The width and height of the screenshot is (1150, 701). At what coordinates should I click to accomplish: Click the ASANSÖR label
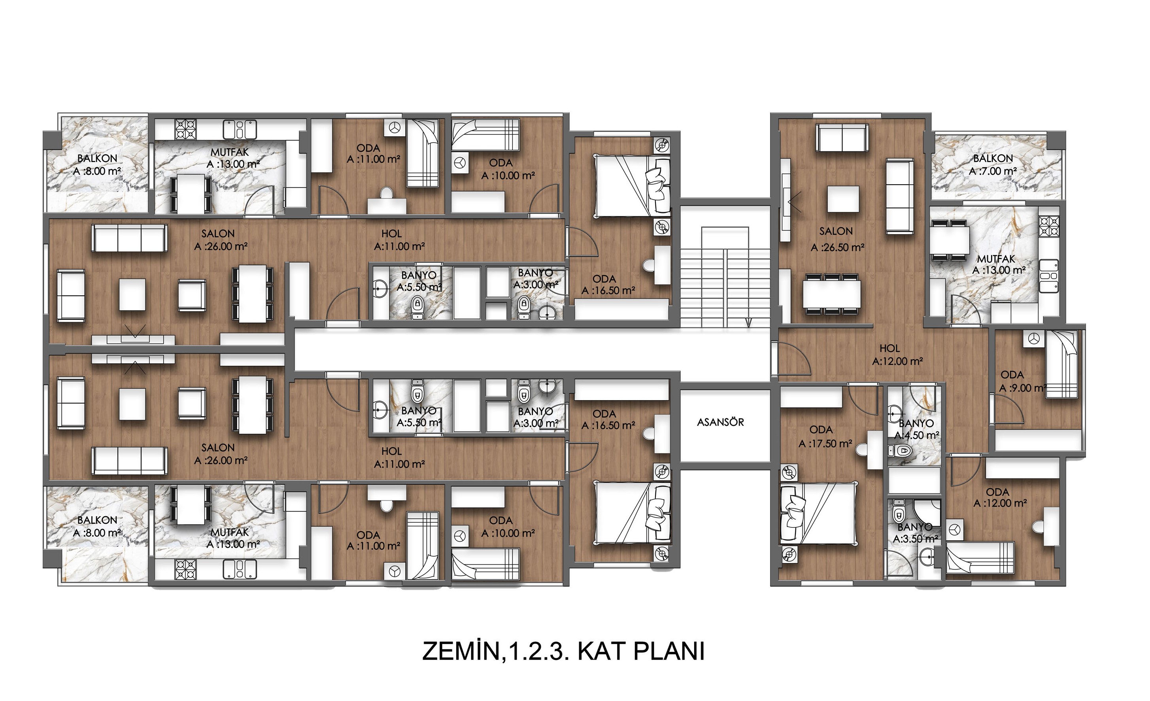[720, 422]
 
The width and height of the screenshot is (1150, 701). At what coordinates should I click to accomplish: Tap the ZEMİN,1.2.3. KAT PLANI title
[563, 651]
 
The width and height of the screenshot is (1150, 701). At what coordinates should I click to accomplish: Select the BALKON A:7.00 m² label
[993, 165]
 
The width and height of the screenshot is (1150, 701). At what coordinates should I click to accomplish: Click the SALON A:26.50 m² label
[837, 239]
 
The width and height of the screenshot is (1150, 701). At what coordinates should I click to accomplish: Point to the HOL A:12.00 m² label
[897, 355]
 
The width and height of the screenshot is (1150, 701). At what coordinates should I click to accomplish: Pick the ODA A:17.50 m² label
[825, 436]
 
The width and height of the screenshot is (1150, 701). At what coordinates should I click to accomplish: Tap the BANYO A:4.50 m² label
[916, 429]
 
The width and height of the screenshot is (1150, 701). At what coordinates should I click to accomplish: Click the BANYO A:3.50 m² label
[915, 533]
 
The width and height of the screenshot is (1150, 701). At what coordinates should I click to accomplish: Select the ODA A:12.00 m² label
[1000, 497]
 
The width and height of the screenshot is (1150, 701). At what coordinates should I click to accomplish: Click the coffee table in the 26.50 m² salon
[843, 199]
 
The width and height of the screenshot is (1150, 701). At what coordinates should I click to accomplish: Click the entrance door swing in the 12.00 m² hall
[791, 359]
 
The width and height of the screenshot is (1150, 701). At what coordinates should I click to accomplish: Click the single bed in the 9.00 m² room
[1061, 364]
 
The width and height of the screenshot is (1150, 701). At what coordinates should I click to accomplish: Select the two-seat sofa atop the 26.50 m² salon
[842, 138]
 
